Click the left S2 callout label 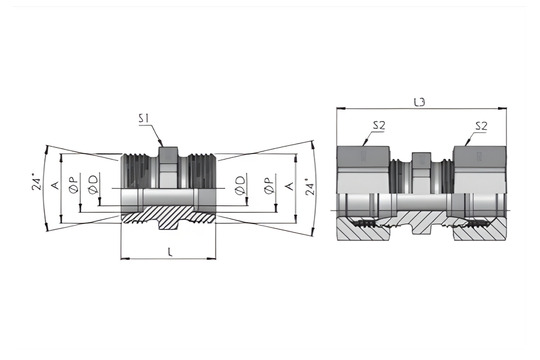click(x=379, y=127)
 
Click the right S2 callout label click(x=481, y=127)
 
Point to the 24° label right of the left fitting click(x=308, y=187)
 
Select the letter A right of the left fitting click(x=289, y=186)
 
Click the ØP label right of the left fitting click(x=267, y=187)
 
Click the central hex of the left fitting click(x=167, y=170)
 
